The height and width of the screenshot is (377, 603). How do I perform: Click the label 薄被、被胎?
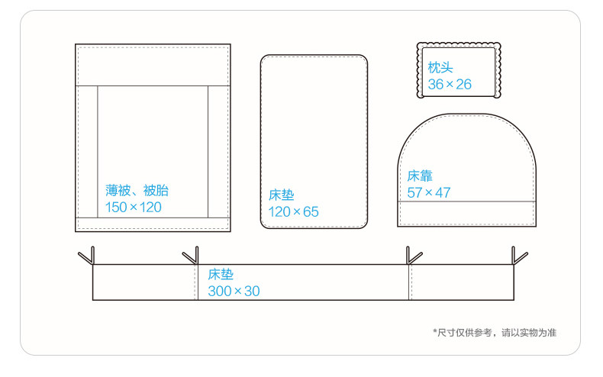[x=136, y=191]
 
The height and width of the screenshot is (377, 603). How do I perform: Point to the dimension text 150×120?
[x=134, y=208]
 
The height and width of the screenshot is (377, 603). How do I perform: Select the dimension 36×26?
[x=450, y=84]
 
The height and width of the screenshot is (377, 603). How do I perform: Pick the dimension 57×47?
[x=428, y=192]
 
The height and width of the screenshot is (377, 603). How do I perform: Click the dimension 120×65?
[x=293, y=211]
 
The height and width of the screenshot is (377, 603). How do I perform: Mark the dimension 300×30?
[x=235, y=291]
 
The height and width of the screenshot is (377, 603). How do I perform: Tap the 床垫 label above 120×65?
[x=282, y=195]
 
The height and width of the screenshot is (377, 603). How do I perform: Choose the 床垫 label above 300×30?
[x=221, y=275]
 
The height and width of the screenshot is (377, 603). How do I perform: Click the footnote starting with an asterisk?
[x=494, y=332]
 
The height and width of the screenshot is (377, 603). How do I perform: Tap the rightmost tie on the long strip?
[x=519, y=256]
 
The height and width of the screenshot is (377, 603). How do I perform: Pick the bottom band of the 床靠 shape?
[x=466, y=214]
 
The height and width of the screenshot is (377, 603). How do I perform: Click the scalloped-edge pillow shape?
[x=460, y=70]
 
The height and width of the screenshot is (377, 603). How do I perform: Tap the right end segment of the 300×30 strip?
[x=461, y=282]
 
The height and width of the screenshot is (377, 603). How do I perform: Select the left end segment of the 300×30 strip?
[x=145, y=282]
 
